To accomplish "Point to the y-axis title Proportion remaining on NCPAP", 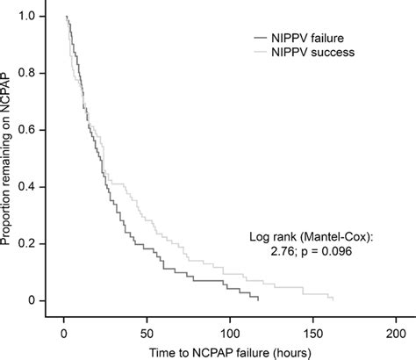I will tap(9, 158).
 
